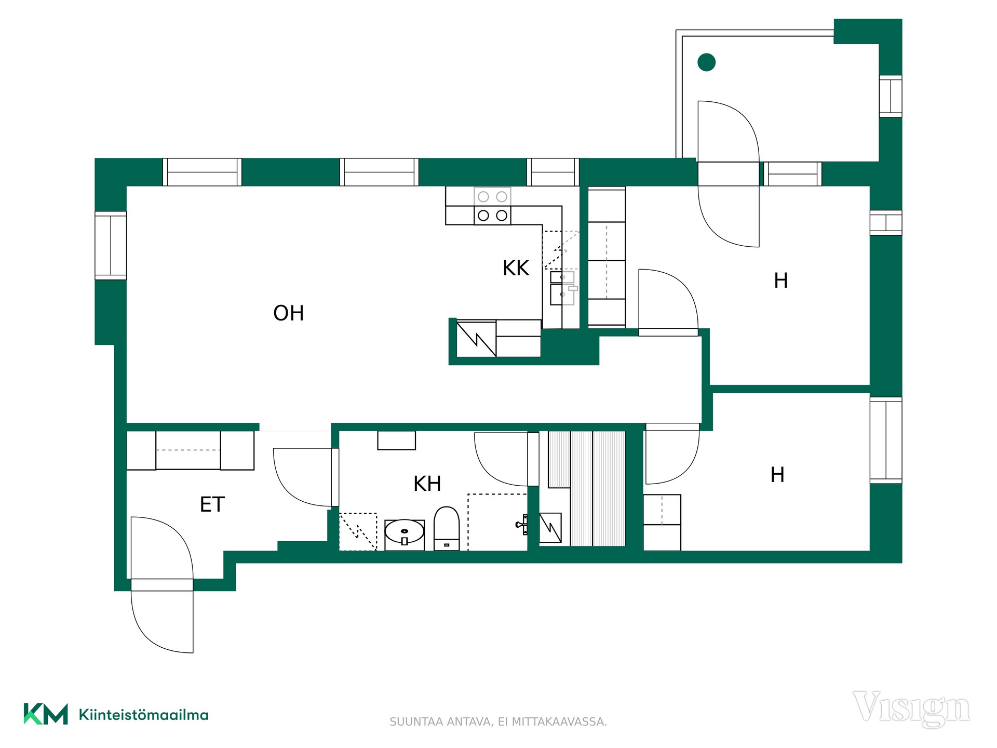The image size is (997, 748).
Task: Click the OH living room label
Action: [x=288, y=313]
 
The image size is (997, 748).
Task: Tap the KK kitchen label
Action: [x=516, y=268]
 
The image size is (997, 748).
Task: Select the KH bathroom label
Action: [x=427, y=484]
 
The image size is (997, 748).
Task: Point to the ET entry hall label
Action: [x=212, y=504]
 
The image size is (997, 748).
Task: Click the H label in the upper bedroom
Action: [x=780, y=280]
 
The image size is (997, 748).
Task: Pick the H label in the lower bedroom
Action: [x=777, y=475]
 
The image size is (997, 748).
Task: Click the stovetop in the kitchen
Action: [x=492, y=206]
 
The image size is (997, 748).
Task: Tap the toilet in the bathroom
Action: [x=447, y=528]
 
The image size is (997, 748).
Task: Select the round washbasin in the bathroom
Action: [x=404, y=533]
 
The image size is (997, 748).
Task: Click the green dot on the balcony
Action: [x=706, y=62]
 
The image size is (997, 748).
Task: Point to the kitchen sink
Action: [x=563, y=287]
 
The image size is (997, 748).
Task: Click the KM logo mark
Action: [x=46, y=714]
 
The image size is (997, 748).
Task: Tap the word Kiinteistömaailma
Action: [x=143, y=715]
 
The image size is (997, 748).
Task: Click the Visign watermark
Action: [x=911, y=709]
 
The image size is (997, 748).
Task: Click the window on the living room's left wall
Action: [x=111, y=245]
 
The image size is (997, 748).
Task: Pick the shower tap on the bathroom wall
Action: [x=522, y=525]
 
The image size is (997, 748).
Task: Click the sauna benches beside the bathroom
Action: [x=587, y=488]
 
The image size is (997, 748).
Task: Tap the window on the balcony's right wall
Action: [x=890, y=96]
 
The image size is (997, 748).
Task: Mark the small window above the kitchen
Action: [x=553, y=172]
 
